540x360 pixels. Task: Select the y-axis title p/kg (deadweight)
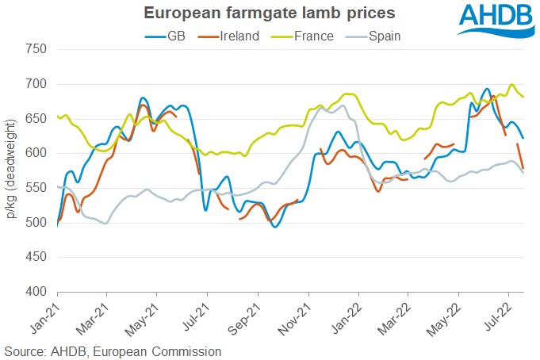click(13, 170)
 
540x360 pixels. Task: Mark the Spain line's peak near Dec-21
click(342, 105)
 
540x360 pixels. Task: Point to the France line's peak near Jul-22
click(511, 85)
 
